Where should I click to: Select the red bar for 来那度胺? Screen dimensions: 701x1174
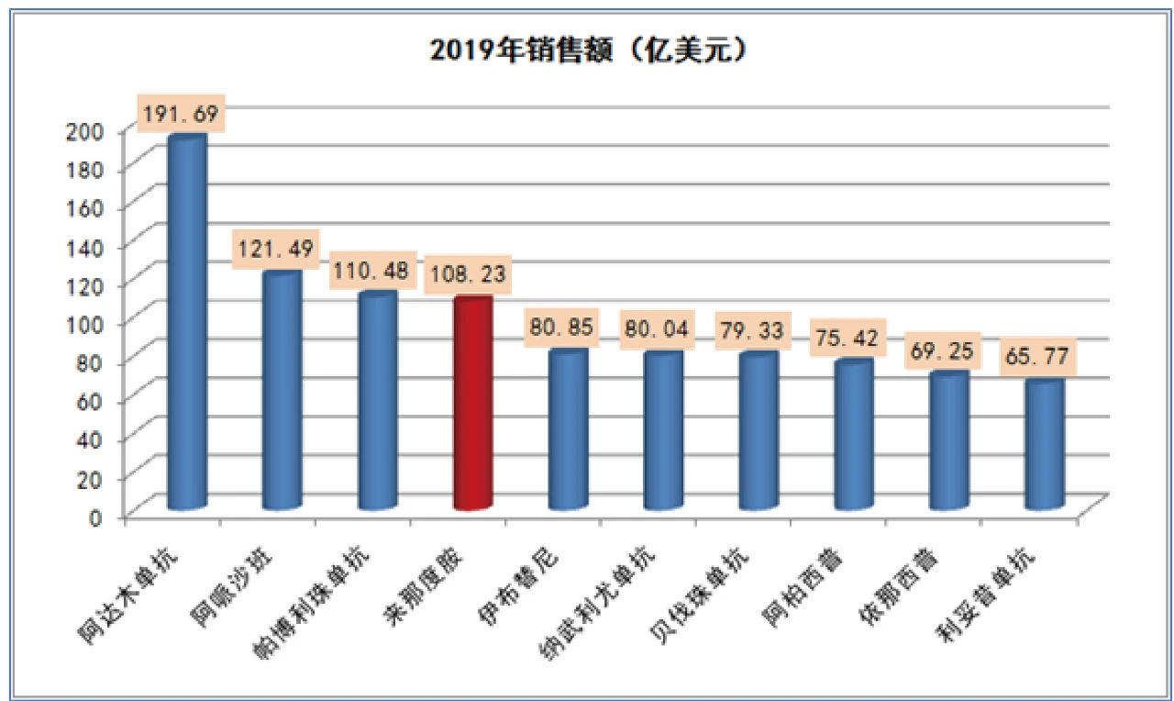(473, 404)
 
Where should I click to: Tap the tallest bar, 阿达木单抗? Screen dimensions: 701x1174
(187, 321)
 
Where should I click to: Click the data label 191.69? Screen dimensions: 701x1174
(180, 114)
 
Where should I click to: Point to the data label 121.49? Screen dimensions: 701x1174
(275, 249)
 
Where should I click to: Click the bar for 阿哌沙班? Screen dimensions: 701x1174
(282, 390)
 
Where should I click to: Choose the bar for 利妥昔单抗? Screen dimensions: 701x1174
(1045, 445)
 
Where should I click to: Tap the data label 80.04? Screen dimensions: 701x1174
(658, 326)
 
